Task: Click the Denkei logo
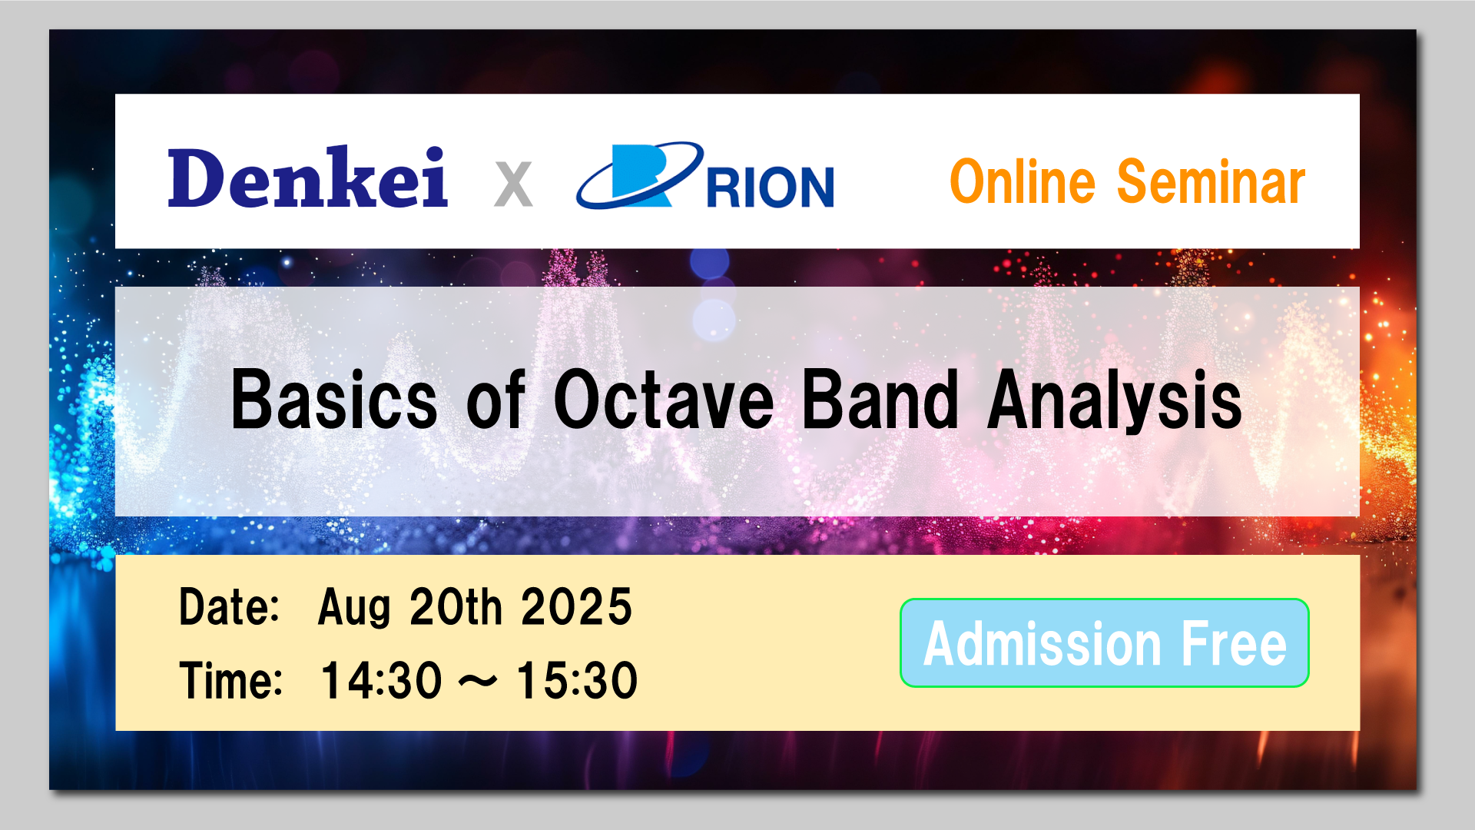pyautogui.click(x=307, y=177)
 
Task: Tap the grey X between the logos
pyautogui.click(x=513, y=184)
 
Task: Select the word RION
pyautogui.click(x=770, y=188)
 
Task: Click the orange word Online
pyautogui.click(x=1023, y=182)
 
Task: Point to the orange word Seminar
pyautogui.click(x=1211, y=182)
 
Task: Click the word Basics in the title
pyautogui.click(x=334, y=399)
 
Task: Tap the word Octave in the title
pyautogui.click(x=664, y=399)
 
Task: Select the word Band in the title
pyautogui.click(x=880, y=399)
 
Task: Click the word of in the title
pyautogui.click(x=496, y=399)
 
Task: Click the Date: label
pyautogui.click(x=229, y=607)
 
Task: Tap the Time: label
pyautogui.click(x=231, y=681)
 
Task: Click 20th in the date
pyautogui.click(x=456, y=607)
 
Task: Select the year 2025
pyautogui.click(x=577, y=607)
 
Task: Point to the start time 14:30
pyautogui.click(x=382, y=681)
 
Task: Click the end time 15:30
pyautogui.click(x=577, y=681)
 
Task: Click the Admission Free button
pyautogui.click(x=1105, y=642)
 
